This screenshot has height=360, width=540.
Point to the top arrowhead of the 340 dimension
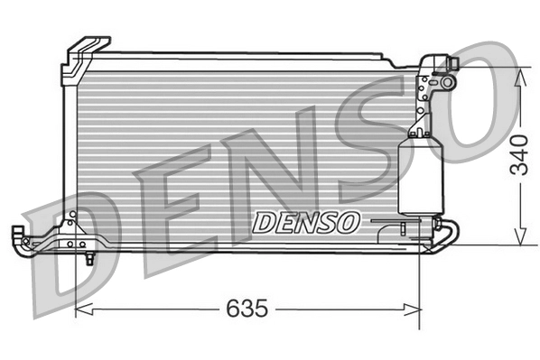click(519, 75)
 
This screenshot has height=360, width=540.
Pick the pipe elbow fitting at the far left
click(19, 236)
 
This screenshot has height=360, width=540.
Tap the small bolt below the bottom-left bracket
click(90, 259)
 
